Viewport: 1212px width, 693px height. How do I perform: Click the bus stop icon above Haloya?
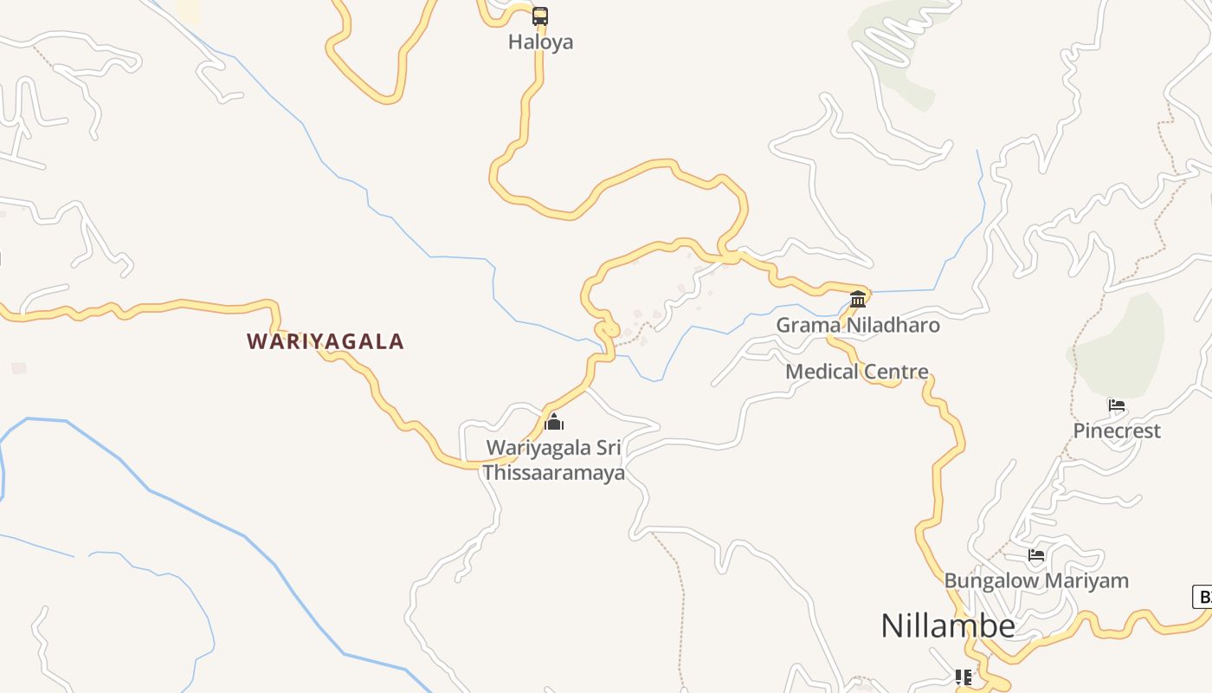[540, 16]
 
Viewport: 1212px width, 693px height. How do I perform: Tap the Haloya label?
[540, 42]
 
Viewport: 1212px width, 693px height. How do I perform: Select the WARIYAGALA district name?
[326, 341]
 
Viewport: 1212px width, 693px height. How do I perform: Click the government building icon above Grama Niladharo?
[858, 300]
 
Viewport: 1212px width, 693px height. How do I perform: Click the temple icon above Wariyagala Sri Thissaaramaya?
[554, 423]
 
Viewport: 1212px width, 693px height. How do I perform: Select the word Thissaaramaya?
[554, 473]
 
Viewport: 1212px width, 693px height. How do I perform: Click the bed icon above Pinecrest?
[1116, 405]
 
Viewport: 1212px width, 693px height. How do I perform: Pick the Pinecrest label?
[1117, 431]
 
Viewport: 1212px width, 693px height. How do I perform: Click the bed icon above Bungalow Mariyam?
[1036, 555]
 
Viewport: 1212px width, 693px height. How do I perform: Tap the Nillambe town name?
[948, 625]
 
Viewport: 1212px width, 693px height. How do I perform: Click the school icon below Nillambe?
[963, 677]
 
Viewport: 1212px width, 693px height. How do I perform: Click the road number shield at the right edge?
[1202, 597]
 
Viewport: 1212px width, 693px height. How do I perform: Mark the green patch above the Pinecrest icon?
[1121, 342]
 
